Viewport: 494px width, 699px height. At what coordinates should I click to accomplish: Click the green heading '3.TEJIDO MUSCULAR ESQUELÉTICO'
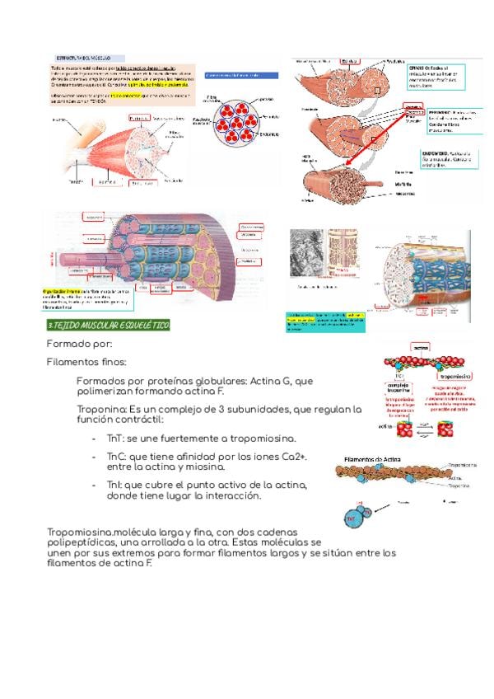(x=108, y=326)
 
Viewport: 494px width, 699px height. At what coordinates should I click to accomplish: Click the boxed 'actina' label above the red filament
(x=421, y=349)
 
